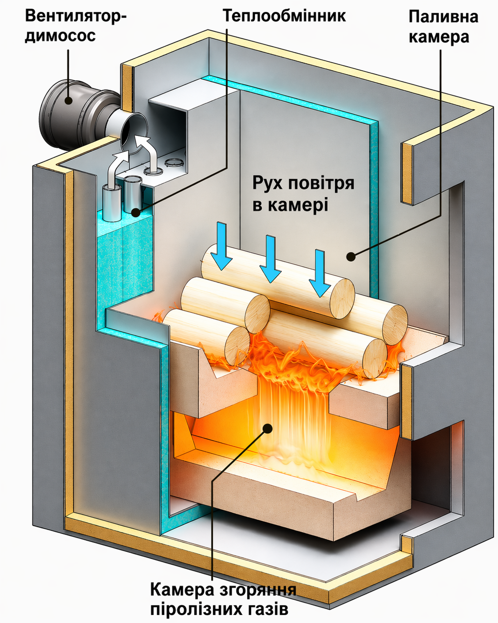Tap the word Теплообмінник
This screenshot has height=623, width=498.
point(284,16)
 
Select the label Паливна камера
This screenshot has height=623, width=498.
point(443,27)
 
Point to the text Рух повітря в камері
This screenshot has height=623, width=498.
point(304,194)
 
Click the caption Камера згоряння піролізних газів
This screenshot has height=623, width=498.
point(223,599)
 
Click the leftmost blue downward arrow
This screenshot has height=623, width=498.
point(221,246)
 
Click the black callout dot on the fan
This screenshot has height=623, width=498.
point(68,100)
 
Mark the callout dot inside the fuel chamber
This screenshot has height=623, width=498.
point(351,256)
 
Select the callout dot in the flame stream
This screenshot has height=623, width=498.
point(267,427)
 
